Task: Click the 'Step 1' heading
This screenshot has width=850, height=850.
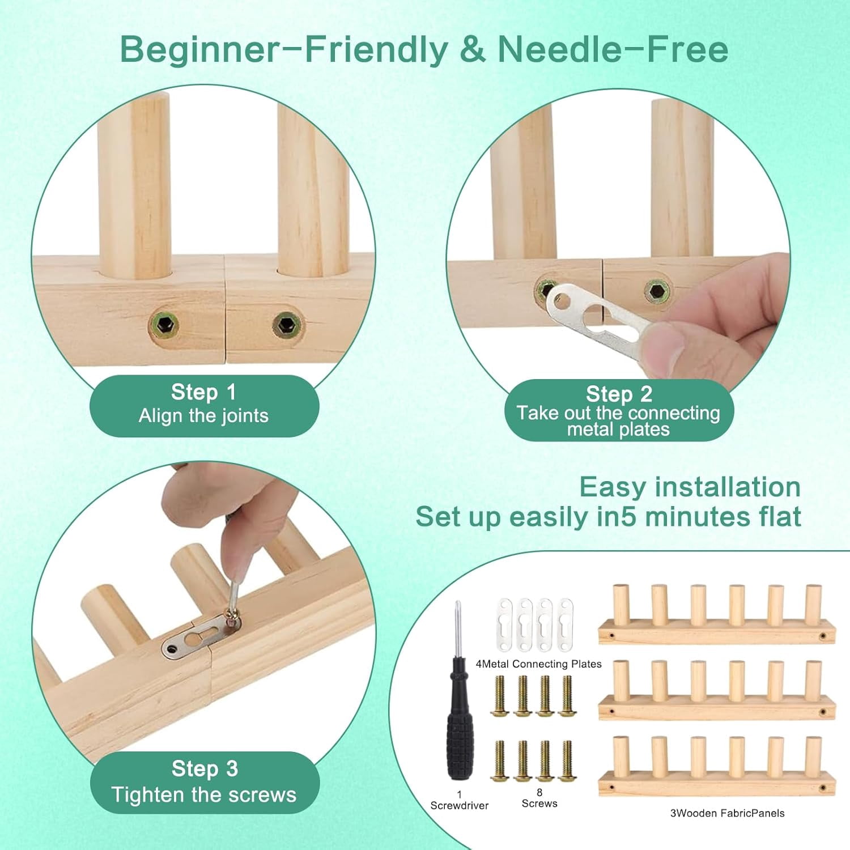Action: [203, 392]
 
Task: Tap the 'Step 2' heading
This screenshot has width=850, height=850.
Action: [619, 394]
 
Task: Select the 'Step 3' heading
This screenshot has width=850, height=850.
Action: [205, 769]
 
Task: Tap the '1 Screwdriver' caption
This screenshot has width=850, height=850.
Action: [459, 800]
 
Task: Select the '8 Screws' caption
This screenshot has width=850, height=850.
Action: [539, 798]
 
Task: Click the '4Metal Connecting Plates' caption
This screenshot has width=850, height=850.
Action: [538, 664]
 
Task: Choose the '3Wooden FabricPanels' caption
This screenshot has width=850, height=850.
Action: [727, 813]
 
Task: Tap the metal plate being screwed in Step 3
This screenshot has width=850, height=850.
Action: [201, 636]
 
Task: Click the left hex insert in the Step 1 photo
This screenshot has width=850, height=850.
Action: [164, 325]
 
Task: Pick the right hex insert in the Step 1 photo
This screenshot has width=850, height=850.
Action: [286, 325]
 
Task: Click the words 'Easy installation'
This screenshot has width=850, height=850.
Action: [690, 487]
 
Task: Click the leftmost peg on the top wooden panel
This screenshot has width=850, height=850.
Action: [621, 605]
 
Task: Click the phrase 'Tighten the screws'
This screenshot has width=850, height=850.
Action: [204, 794]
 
